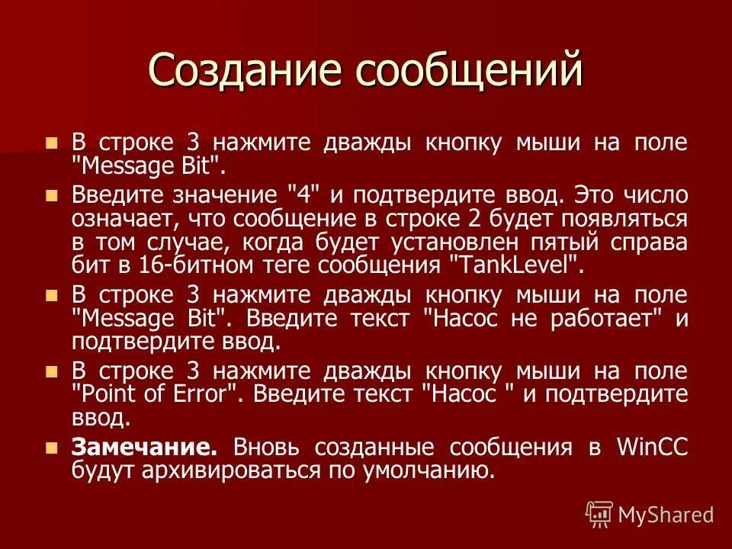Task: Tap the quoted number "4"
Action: click(x=307, y=195)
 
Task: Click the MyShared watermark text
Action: click(x=666, y=515)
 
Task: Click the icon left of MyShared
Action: click(x=599, y=515)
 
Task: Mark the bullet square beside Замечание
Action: click(x=51, y=448)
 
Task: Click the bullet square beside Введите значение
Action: click(x=51, y=195)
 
